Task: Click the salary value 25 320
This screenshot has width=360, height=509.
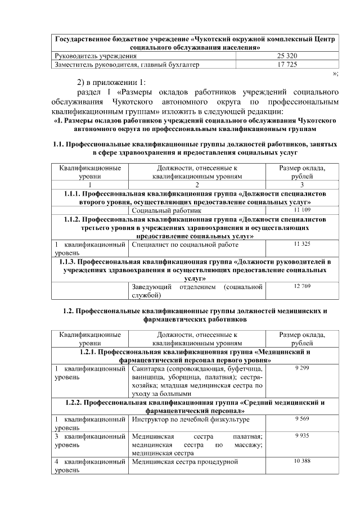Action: click(287, 56)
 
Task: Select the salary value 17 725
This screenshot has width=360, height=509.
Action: click(287, 65)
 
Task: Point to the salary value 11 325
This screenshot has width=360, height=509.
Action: click(303, 245)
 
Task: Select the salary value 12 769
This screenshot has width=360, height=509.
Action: click(303, 287)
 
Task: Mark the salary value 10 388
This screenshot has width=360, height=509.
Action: click(303, 461)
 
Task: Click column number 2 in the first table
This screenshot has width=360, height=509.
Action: click(197, 184)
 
